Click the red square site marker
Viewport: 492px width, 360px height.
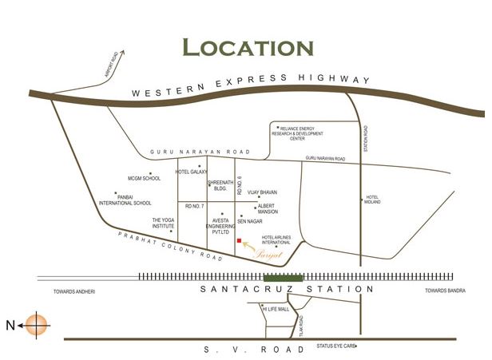click(x=239, y=240)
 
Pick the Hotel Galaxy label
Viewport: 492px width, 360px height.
click(x=192, y=172)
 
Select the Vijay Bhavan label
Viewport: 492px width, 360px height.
click(x=262, y=192)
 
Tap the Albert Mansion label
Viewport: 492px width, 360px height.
click(x=267, y=209)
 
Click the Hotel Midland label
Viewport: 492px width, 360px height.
click(x=372, y=200)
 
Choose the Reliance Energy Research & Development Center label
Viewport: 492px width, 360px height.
click(x=304, y=133)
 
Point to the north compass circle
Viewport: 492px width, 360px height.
click(x=37, y=325)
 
